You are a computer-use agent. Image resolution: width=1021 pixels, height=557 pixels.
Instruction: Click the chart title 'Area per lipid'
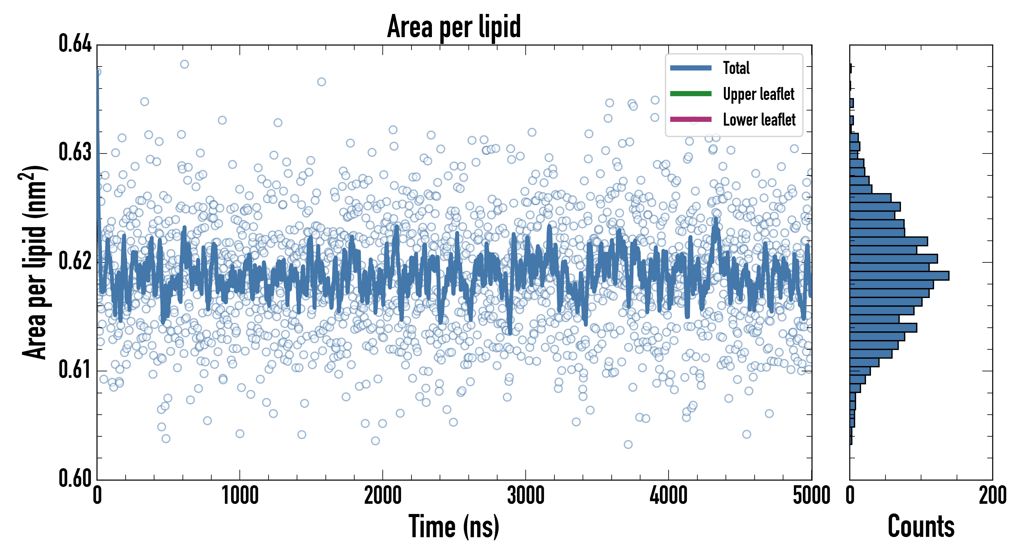pyautogui.click(x=454, y=26)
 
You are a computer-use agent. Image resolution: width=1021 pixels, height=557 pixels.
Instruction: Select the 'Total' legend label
pyautogui.click(x=736, y=68)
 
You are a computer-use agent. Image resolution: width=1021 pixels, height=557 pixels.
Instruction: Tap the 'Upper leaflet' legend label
pyautogui.click(x=758, y=94)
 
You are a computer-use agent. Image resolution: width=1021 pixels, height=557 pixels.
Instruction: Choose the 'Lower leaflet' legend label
pyautogui.click(x=759, y=120)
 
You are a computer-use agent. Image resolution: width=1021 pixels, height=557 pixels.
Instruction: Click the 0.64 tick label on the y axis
pyautogui.click(x=75, y=44)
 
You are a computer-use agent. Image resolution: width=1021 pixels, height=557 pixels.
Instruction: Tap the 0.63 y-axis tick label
pyautogui.click(x=75, y=152)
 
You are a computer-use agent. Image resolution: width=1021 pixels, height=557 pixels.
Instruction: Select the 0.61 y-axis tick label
pyautogui.click(x=75, y=370)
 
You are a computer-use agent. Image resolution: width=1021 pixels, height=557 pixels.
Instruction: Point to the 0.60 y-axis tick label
pyautogui.click(x=75, y=478)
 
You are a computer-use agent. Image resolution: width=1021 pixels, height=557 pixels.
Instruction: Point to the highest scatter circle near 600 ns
pyautogui.click(x=184, y=64)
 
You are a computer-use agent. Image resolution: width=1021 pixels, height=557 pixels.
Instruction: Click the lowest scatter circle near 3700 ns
pyautogui.click(x=628, y=444)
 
